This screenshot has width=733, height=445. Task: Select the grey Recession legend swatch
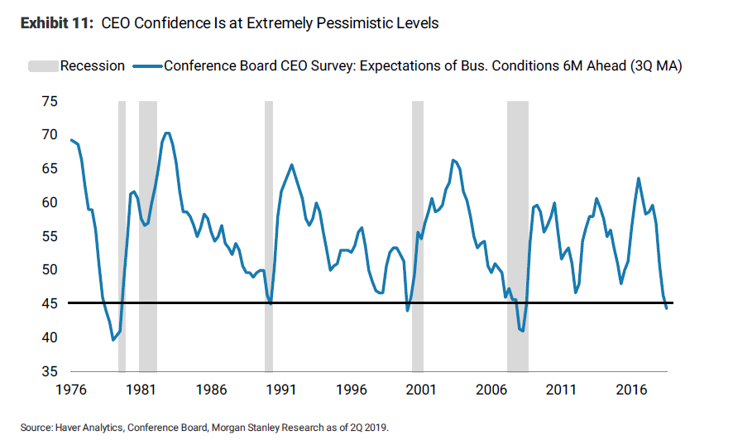(41, 65)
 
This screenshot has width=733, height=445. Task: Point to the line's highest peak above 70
(167, 133)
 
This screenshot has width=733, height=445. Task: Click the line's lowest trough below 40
(113, 340)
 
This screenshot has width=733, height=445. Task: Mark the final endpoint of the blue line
(667, 308)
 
